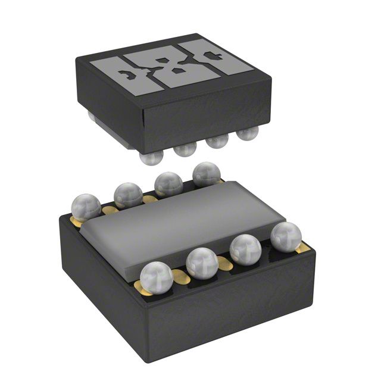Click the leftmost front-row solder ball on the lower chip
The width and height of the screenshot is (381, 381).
(x=157, y=277)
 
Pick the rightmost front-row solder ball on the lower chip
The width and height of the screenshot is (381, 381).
(x=286, y=236)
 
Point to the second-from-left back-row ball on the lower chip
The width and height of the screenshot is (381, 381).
(x=128, y=195)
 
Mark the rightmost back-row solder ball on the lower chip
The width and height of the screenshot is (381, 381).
(x=206, y=174)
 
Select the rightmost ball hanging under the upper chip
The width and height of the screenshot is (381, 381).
(x=247, y=132)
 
